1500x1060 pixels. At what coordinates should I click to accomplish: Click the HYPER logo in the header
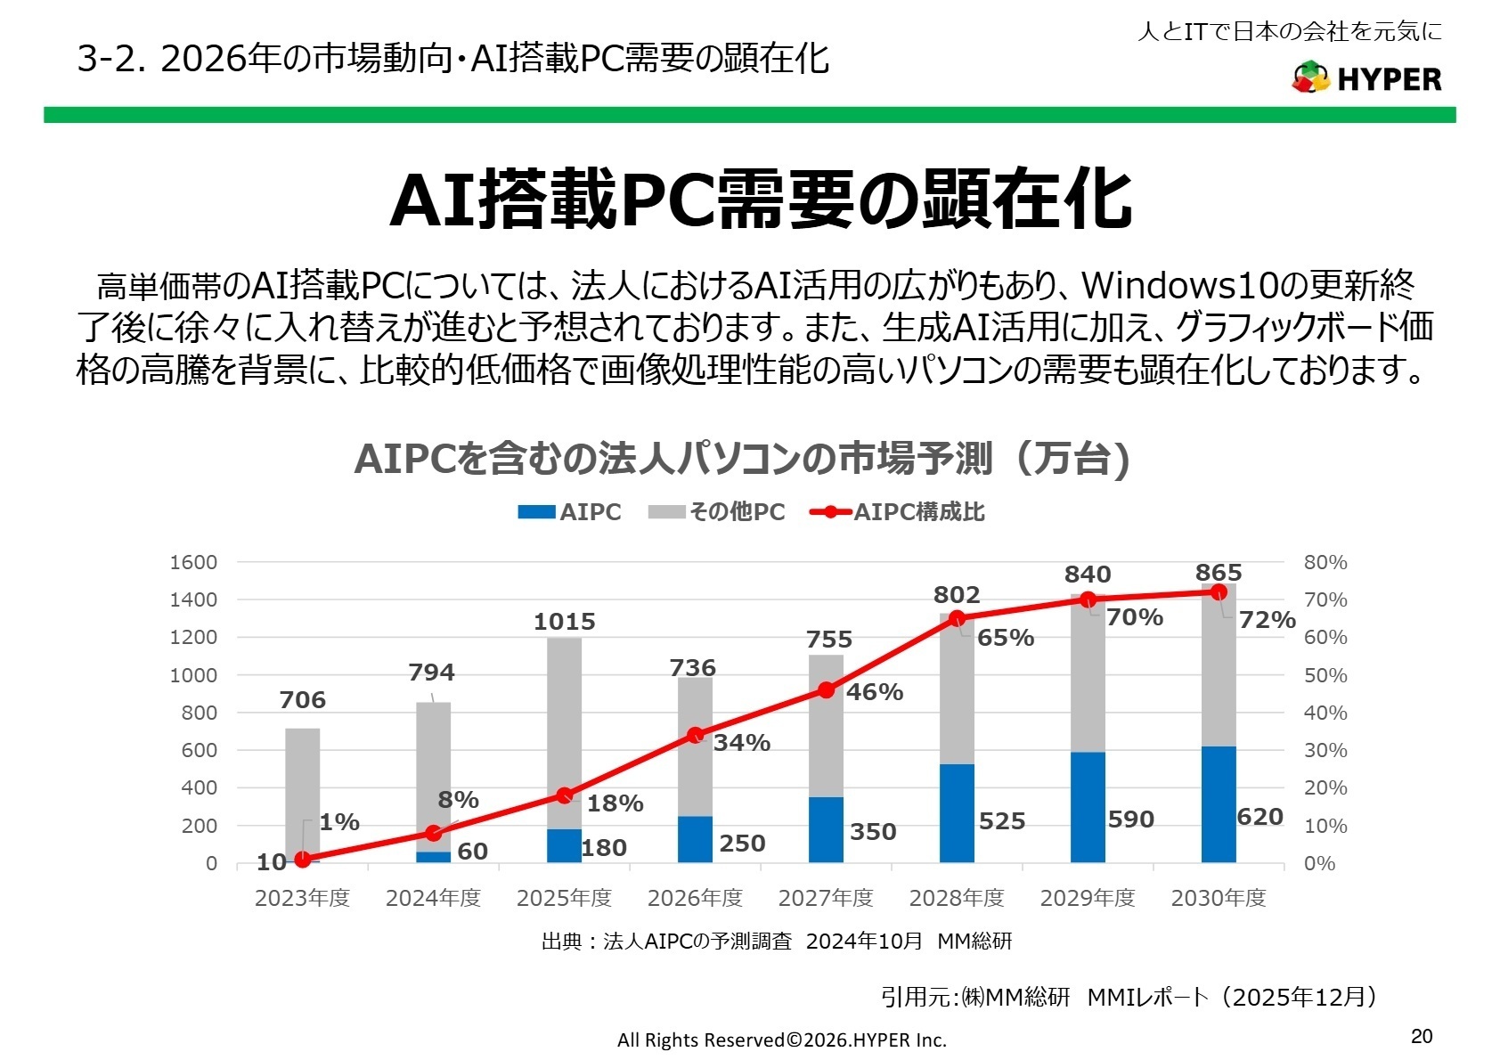(x=1366, y=78)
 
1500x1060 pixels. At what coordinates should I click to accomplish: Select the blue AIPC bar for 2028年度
(x=957, y=812)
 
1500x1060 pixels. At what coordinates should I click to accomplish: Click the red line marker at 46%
(x=826, y=690)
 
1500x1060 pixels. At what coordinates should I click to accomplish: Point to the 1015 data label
(x=564, y=622)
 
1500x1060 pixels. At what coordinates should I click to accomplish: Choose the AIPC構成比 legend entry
(x=898, y=512)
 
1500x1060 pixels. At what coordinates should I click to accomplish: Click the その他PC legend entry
(x=717, y=512)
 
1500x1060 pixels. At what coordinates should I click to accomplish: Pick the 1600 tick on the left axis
(x=193, y=562)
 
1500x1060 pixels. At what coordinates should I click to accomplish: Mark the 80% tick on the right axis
(x=1325, y=562)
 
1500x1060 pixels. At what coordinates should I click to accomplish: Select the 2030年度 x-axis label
(x=1218, y=898)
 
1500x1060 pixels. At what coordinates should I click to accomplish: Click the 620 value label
(x=1260, y=817)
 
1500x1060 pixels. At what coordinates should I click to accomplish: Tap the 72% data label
(x=1267, y=620)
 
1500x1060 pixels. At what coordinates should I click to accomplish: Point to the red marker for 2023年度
(x=303, y=860)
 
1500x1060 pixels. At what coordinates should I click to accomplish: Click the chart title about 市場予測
(x=741, y=460)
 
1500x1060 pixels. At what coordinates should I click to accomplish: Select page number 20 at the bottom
(x=1422, y=1036)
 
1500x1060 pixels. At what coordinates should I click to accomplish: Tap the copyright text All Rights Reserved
(x=781, y=1040)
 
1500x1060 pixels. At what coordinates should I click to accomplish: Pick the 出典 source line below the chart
(x=776, y=942)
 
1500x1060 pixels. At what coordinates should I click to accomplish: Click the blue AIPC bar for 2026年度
(x=695, y=839)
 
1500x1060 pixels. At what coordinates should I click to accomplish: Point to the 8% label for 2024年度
(x=458, y=800)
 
